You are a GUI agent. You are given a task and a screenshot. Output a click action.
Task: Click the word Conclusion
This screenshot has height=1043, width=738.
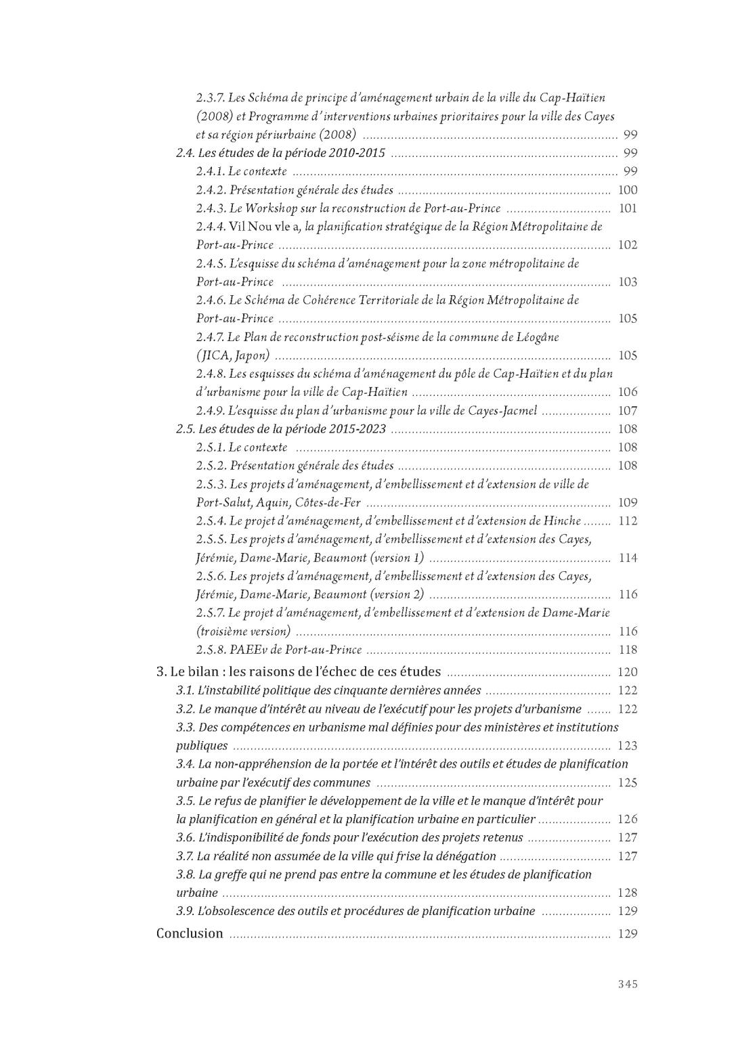click(x=190, y=933)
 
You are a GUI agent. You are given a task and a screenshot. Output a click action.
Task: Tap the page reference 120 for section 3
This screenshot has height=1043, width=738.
click(x=628, y=672)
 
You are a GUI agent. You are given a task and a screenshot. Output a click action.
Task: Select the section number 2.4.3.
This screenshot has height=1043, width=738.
click(x=211, y=208)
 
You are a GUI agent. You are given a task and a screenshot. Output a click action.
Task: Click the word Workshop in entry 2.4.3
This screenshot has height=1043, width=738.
click(x=272, y=208)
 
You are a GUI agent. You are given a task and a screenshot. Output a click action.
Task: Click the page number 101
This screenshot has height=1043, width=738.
click(x=628, y=208)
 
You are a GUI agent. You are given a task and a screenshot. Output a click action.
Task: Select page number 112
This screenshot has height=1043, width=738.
click(x=628, y=521)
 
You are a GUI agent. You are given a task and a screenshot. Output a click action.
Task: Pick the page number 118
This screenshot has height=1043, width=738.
click(x=628, y=650)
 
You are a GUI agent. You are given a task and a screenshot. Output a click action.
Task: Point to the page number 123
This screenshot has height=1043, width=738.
click(x=628, y=746)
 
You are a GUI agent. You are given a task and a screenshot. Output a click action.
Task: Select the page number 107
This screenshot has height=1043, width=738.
click(x=628, y=411)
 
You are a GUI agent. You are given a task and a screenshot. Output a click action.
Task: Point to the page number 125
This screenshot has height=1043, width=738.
click(x=628, y=783)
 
